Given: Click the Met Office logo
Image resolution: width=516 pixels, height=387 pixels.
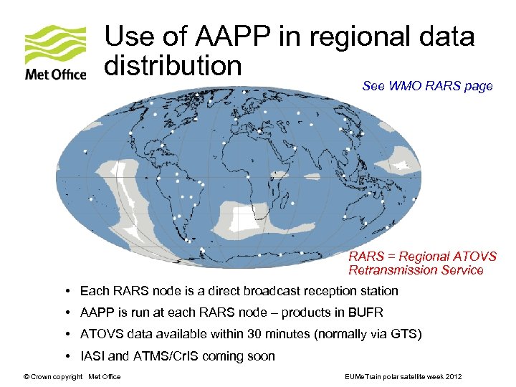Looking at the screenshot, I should (55, 53).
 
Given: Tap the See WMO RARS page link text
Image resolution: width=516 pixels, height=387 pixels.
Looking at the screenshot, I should (427, 86).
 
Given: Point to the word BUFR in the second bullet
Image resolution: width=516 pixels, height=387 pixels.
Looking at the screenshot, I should (365, 312).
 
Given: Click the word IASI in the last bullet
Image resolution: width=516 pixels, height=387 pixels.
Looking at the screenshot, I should (92, 356).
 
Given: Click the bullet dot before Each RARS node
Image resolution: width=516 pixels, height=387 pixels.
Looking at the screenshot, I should (66, 291).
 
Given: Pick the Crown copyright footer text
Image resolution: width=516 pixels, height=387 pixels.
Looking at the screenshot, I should (72, 377).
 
